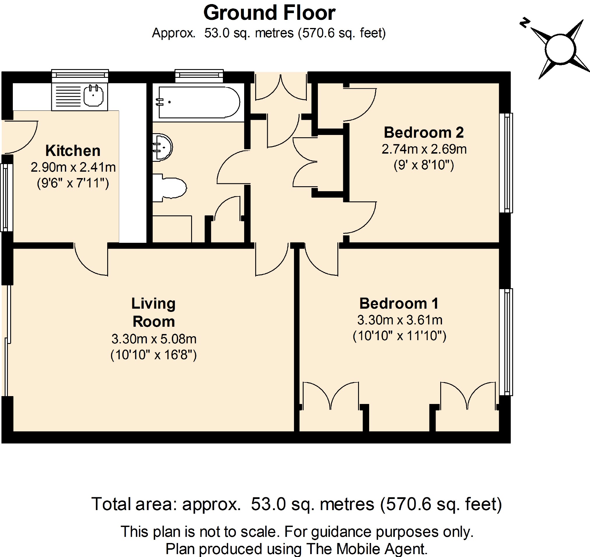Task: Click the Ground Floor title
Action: [269, 13]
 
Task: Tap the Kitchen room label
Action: [73, 151]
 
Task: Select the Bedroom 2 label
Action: [424, 132]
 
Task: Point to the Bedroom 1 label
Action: [399, 303]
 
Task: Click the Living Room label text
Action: [154, 312]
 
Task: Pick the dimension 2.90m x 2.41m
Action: [73, 168]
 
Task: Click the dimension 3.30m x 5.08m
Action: [154, 339]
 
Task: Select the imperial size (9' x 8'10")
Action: [424, 165]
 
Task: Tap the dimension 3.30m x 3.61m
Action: [400, 320]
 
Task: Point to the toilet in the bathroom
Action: [169, 188]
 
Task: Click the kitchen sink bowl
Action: [94, 95]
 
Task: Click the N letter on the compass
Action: [525, 22]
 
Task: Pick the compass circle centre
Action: [560, 49]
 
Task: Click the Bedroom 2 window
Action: [506, 163]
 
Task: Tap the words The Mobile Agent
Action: [367, 549]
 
